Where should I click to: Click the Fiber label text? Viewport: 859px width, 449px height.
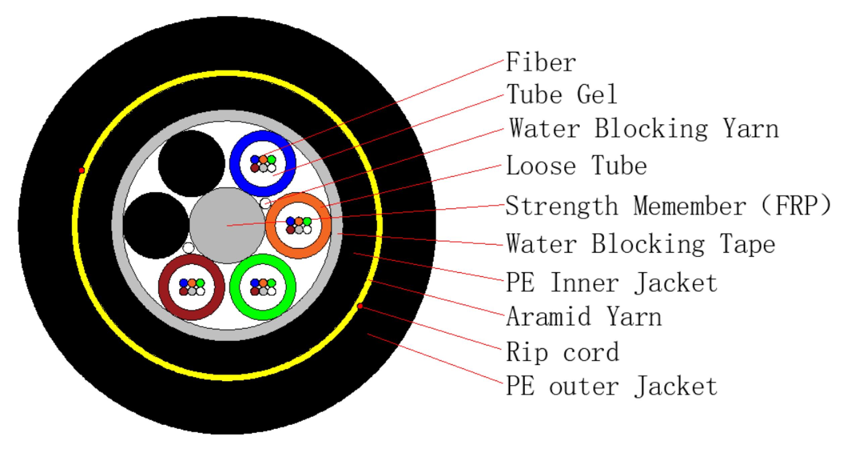click(x=541, y=63)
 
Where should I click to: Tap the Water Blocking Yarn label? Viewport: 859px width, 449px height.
click(x=644, y=129)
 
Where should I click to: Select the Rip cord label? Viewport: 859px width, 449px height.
click(x=562, y=352)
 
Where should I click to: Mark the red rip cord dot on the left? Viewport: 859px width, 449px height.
click(x=82, y=170)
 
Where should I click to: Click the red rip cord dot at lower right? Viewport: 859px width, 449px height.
click(x=360, y=306)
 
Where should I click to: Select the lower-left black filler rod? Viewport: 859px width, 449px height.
click(x=156, y=225)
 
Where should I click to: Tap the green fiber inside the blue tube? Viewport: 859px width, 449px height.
click(x=271, y=159)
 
